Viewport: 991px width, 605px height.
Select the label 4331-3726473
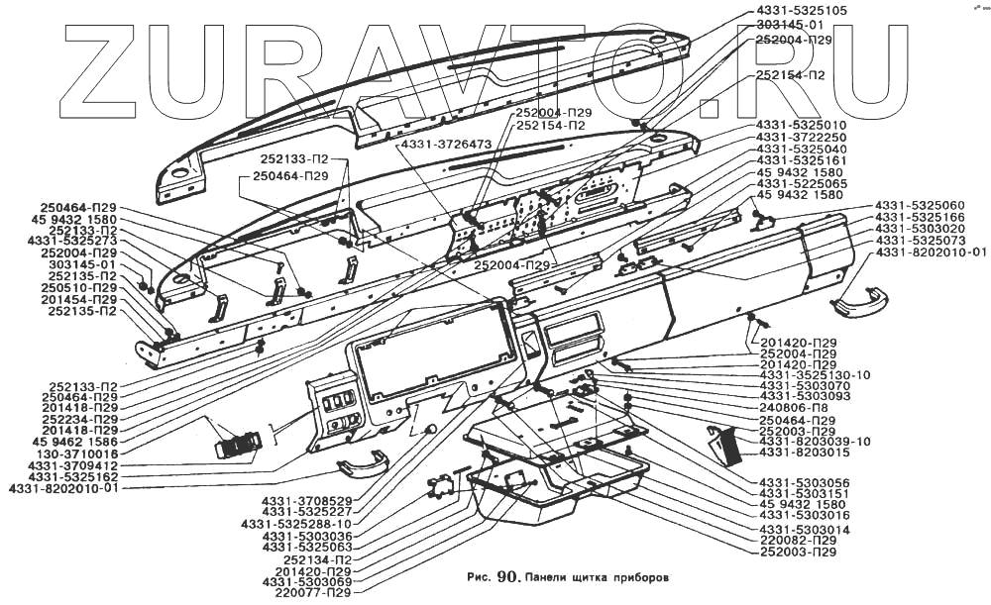pos(446,145)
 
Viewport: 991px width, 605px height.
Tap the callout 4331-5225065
pos(801,183)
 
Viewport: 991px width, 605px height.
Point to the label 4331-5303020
pos(919,228)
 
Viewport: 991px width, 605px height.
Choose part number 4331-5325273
pos(72,241)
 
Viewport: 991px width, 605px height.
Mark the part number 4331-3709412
pos(72,464)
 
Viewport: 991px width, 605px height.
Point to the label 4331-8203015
pos(804,453)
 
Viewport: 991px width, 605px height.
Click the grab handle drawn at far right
pos(859,300)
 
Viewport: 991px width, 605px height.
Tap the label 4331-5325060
pos(919,205)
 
